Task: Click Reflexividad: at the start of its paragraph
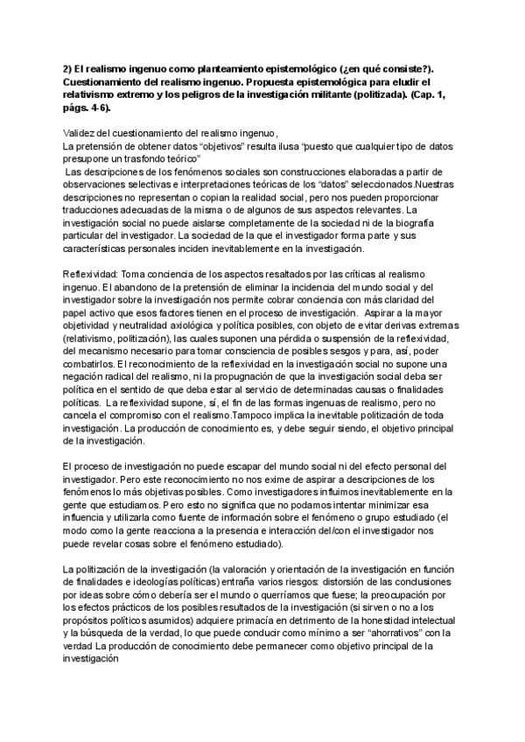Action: click(x=87, y=274)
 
